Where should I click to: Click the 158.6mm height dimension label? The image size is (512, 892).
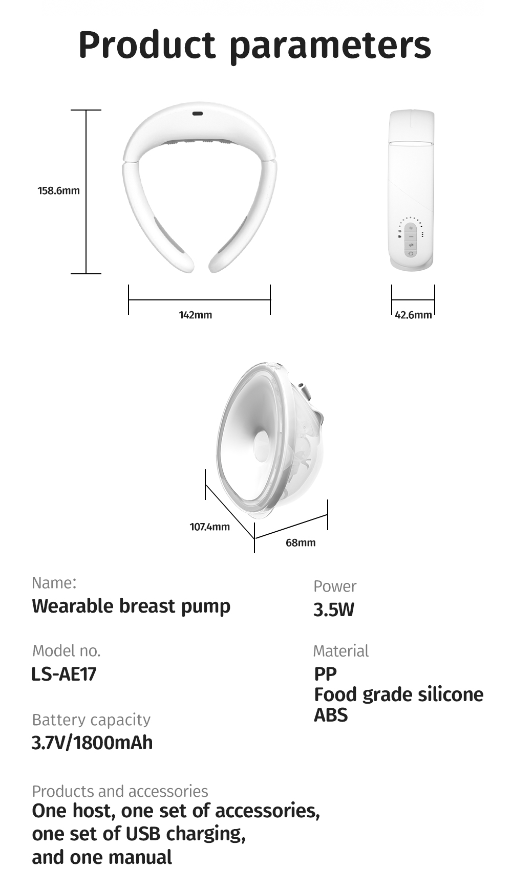(59, 190)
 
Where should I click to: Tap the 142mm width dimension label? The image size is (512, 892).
(195, 315)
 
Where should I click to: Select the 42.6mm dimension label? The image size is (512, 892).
(413, 315)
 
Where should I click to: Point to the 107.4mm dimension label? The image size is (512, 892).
(210, 527)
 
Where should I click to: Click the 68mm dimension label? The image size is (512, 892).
(301, 542)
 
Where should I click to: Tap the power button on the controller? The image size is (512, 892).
(411, 253)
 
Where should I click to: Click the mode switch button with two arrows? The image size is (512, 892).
(411, 245)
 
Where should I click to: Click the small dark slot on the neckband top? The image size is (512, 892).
(198, 114)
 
